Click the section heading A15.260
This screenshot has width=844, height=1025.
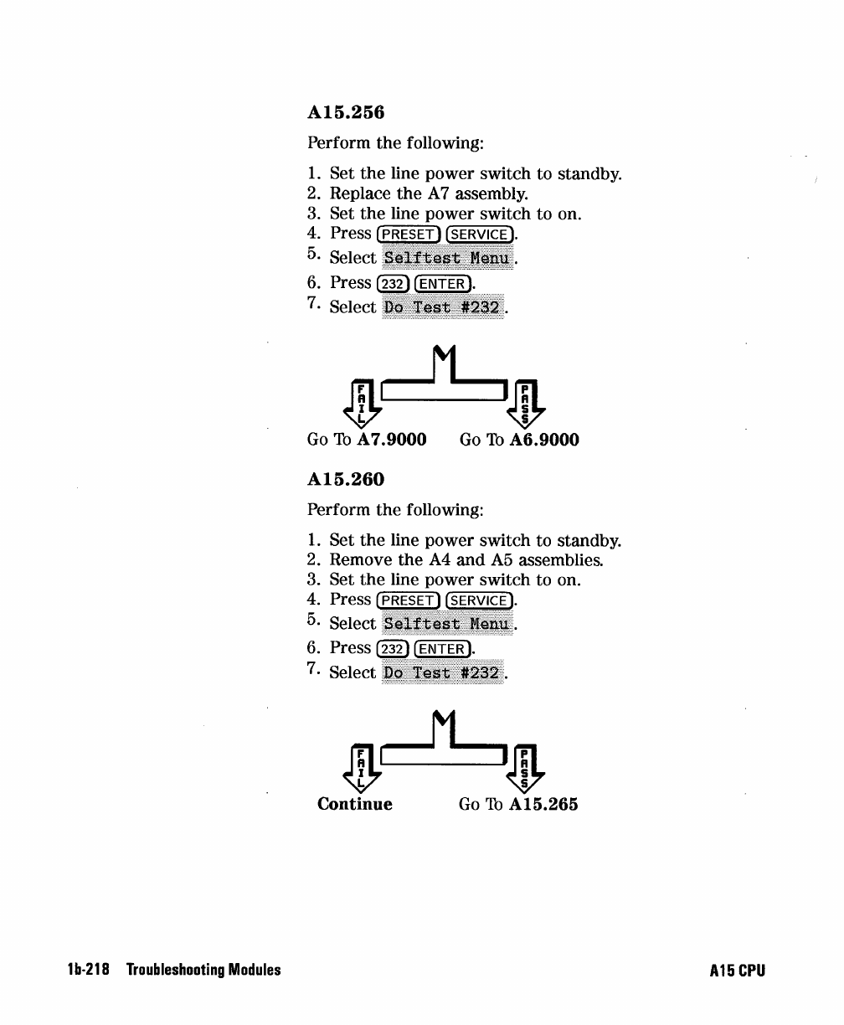pyautogui.click(x=346, y=480)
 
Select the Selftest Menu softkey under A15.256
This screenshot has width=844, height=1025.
pyautogui.click(x=448, y=258)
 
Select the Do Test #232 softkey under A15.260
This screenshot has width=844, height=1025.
pyautogui.click(x=443, y=672)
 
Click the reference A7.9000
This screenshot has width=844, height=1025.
pyautogui.click(x=392, y=440)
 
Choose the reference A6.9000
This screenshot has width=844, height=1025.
pyautogui.click(x=543, y=440)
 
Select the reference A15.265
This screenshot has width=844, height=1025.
pyautogui.click(x=543, y=805)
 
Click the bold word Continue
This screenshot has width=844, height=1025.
pyautogui.click(x=355, y=805)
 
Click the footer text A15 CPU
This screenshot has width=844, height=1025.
pyautogui.click(x=737, y=971)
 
